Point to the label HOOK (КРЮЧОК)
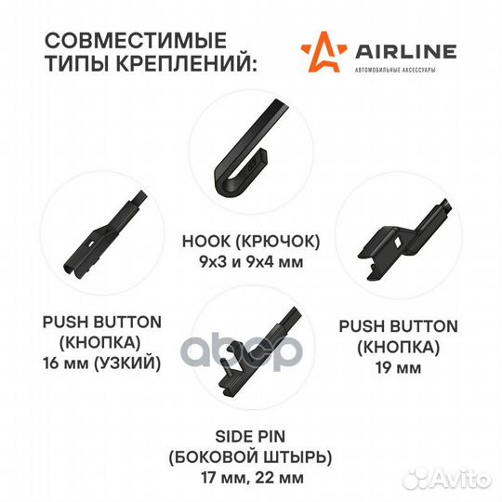250,242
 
